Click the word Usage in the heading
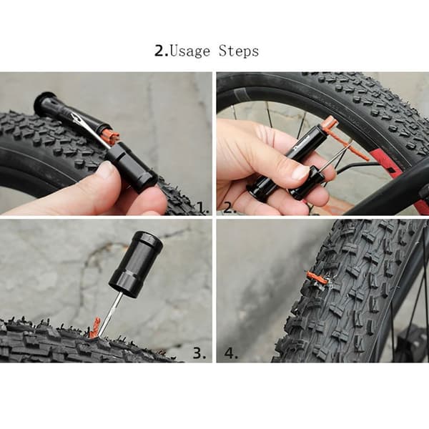[190, 51]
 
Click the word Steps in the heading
[239, 51]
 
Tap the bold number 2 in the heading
[159, 51]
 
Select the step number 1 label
[203, 207]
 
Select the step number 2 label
[230, 207]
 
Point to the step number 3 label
[199, 353]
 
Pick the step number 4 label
[231, 353]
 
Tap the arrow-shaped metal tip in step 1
[73, 118]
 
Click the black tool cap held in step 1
[132, 167]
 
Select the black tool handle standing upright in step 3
[136, 264]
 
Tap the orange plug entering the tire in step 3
[95, 327]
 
